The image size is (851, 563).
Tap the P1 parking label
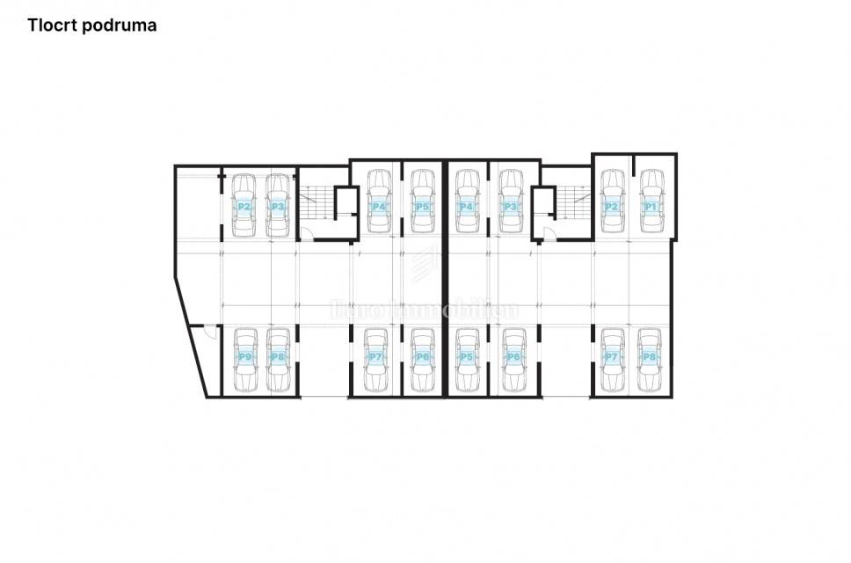coord(651,207)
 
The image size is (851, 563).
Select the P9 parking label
coord(245,357)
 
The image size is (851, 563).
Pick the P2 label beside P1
coord(611,207)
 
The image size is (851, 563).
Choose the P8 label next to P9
coord(278,357)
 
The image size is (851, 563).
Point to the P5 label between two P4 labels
coord(423,207)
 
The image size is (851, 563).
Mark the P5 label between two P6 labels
coord(467,357)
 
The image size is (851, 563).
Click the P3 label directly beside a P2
coord(278,207)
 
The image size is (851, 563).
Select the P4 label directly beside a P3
coord(467,207)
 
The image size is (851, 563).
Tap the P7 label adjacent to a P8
coord(611,357)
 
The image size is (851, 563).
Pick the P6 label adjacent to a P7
coord(423,357)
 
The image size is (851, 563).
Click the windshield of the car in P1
coord(651,191)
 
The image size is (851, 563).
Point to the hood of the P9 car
coord(245,337)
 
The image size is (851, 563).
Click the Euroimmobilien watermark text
coord(424,310)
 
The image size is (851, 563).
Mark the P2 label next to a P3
coord(245,207)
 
